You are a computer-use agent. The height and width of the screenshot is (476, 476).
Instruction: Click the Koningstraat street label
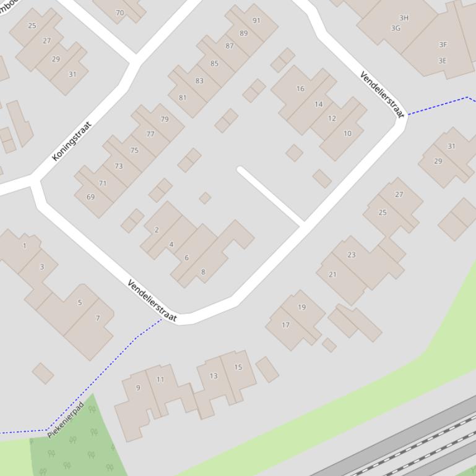[x=72, y=141]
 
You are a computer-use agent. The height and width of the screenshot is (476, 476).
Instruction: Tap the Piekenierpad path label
[x=66, y=420]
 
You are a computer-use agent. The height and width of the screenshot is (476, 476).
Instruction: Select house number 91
[x=256, y=20]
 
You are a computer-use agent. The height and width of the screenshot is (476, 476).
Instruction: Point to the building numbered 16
[x=300, y=88]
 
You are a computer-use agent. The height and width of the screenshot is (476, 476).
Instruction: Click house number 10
[x=347, y=133]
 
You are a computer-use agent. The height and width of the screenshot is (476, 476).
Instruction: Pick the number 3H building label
[x=404, y=18]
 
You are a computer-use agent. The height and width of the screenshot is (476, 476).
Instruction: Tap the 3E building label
[x=442, y=61]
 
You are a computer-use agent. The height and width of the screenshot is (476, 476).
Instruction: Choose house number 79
[x=165, y=119]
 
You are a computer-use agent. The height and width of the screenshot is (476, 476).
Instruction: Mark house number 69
[x=91, y=197]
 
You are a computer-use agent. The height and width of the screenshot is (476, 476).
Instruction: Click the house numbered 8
[x=203, y=271]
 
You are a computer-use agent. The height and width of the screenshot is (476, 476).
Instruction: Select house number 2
[x=157, y=229]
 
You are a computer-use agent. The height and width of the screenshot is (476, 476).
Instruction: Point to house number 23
[x=352, y=254]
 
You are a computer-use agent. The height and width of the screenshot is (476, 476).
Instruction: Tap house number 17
[x=285, y=325]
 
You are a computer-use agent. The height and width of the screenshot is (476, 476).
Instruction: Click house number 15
[x=238, y=367]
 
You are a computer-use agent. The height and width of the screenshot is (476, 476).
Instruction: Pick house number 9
[x=138, y=388]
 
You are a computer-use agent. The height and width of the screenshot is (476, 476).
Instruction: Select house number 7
[x=97, y=318]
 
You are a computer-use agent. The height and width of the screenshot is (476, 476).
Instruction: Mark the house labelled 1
[x=25, y=245]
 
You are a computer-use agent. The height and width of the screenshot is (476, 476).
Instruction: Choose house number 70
[x=119, y=12]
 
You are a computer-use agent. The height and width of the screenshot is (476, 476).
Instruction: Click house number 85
[x=214, y=63]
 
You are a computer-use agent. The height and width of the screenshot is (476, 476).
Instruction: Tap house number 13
[x=214, y=375]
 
